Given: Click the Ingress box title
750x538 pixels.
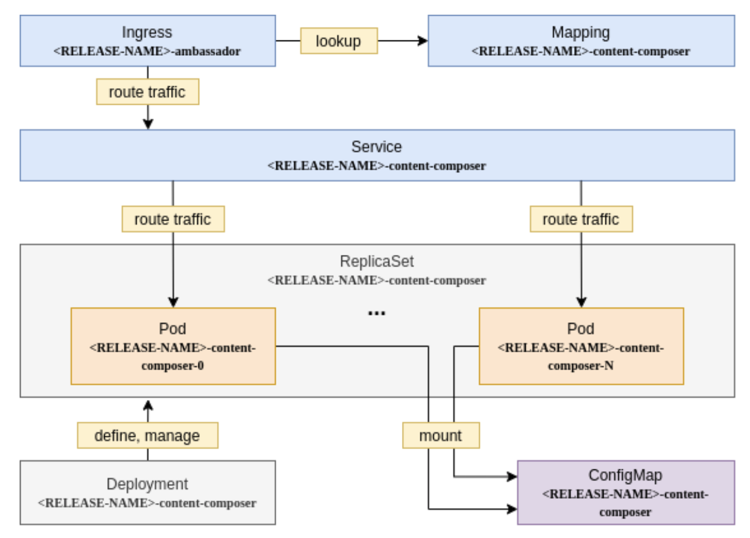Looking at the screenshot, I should [x=147, y=32].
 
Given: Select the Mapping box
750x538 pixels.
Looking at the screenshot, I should [x=580, y=40].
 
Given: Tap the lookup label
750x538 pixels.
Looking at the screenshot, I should [x=338, y=41].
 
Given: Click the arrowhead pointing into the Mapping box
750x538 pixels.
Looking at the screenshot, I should [x=422, y=41].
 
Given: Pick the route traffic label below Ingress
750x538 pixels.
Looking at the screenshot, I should [x=147, y=93].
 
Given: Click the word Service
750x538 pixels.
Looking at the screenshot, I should [x=376, y=147].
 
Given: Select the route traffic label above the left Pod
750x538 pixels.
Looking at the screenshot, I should [x=173, y=219].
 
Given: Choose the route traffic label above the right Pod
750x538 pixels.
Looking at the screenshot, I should [x=580, y=219].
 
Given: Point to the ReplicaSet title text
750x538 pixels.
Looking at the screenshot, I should [x=376, y=262].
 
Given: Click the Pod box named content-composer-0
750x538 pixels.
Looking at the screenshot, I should [x=173, y=346].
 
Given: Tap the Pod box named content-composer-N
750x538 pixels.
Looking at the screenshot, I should [x=580, y=346].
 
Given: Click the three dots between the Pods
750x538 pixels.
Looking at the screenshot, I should [x=376, y=313].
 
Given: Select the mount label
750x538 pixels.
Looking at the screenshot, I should [x=441, y=436].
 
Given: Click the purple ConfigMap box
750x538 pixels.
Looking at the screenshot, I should [x=626, y=493].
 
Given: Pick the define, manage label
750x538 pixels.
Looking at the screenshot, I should [x=147, y=436].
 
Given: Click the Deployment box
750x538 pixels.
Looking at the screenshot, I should [x=147, y=493].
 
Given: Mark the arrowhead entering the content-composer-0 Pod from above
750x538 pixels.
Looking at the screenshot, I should [x=173, y=302].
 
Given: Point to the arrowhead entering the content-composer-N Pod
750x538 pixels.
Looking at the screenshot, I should [x=580, y=302].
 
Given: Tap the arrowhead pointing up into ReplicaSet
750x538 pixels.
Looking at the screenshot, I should [x=147, y=404].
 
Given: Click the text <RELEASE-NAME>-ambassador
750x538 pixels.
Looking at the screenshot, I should [x=147, y=51].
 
